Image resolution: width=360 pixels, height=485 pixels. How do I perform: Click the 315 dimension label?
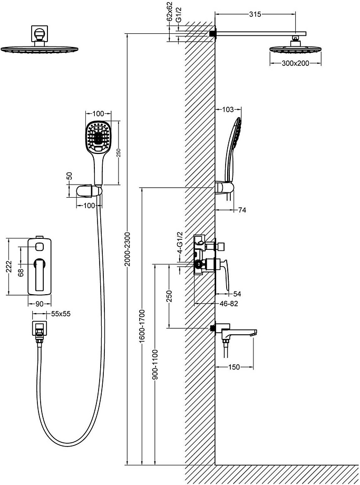pos(255,14)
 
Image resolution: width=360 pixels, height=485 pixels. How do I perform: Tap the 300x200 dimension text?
pos(295,63)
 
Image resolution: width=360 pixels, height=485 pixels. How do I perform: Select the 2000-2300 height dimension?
pos(128,249)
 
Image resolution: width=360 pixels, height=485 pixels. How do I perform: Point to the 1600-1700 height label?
pos(142,326)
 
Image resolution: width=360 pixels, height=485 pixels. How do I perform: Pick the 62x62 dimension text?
pos(170,11)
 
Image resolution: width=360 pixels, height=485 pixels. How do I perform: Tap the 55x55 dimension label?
pos(61,314)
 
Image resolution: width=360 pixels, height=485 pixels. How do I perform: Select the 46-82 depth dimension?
pos(229,304)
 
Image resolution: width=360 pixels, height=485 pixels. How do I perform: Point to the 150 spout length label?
pos(234,367)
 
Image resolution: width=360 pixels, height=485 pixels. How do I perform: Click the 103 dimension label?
pos(228,109)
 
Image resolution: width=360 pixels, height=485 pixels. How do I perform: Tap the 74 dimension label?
pos(242,210)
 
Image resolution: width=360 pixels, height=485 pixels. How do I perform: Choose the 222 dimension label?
pos(8,266)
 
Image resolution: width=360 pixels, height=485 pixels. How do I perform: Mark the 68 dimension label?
pos(21,272)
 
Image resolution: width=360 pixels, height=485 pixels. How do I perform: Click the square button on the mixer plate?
pos(40,247)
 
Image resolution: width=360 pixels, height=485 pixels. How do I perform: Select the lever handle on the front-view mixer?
pos(40,274)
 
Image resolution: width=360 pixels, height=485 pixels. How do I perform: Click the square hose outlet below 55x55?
pos(40,328)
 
